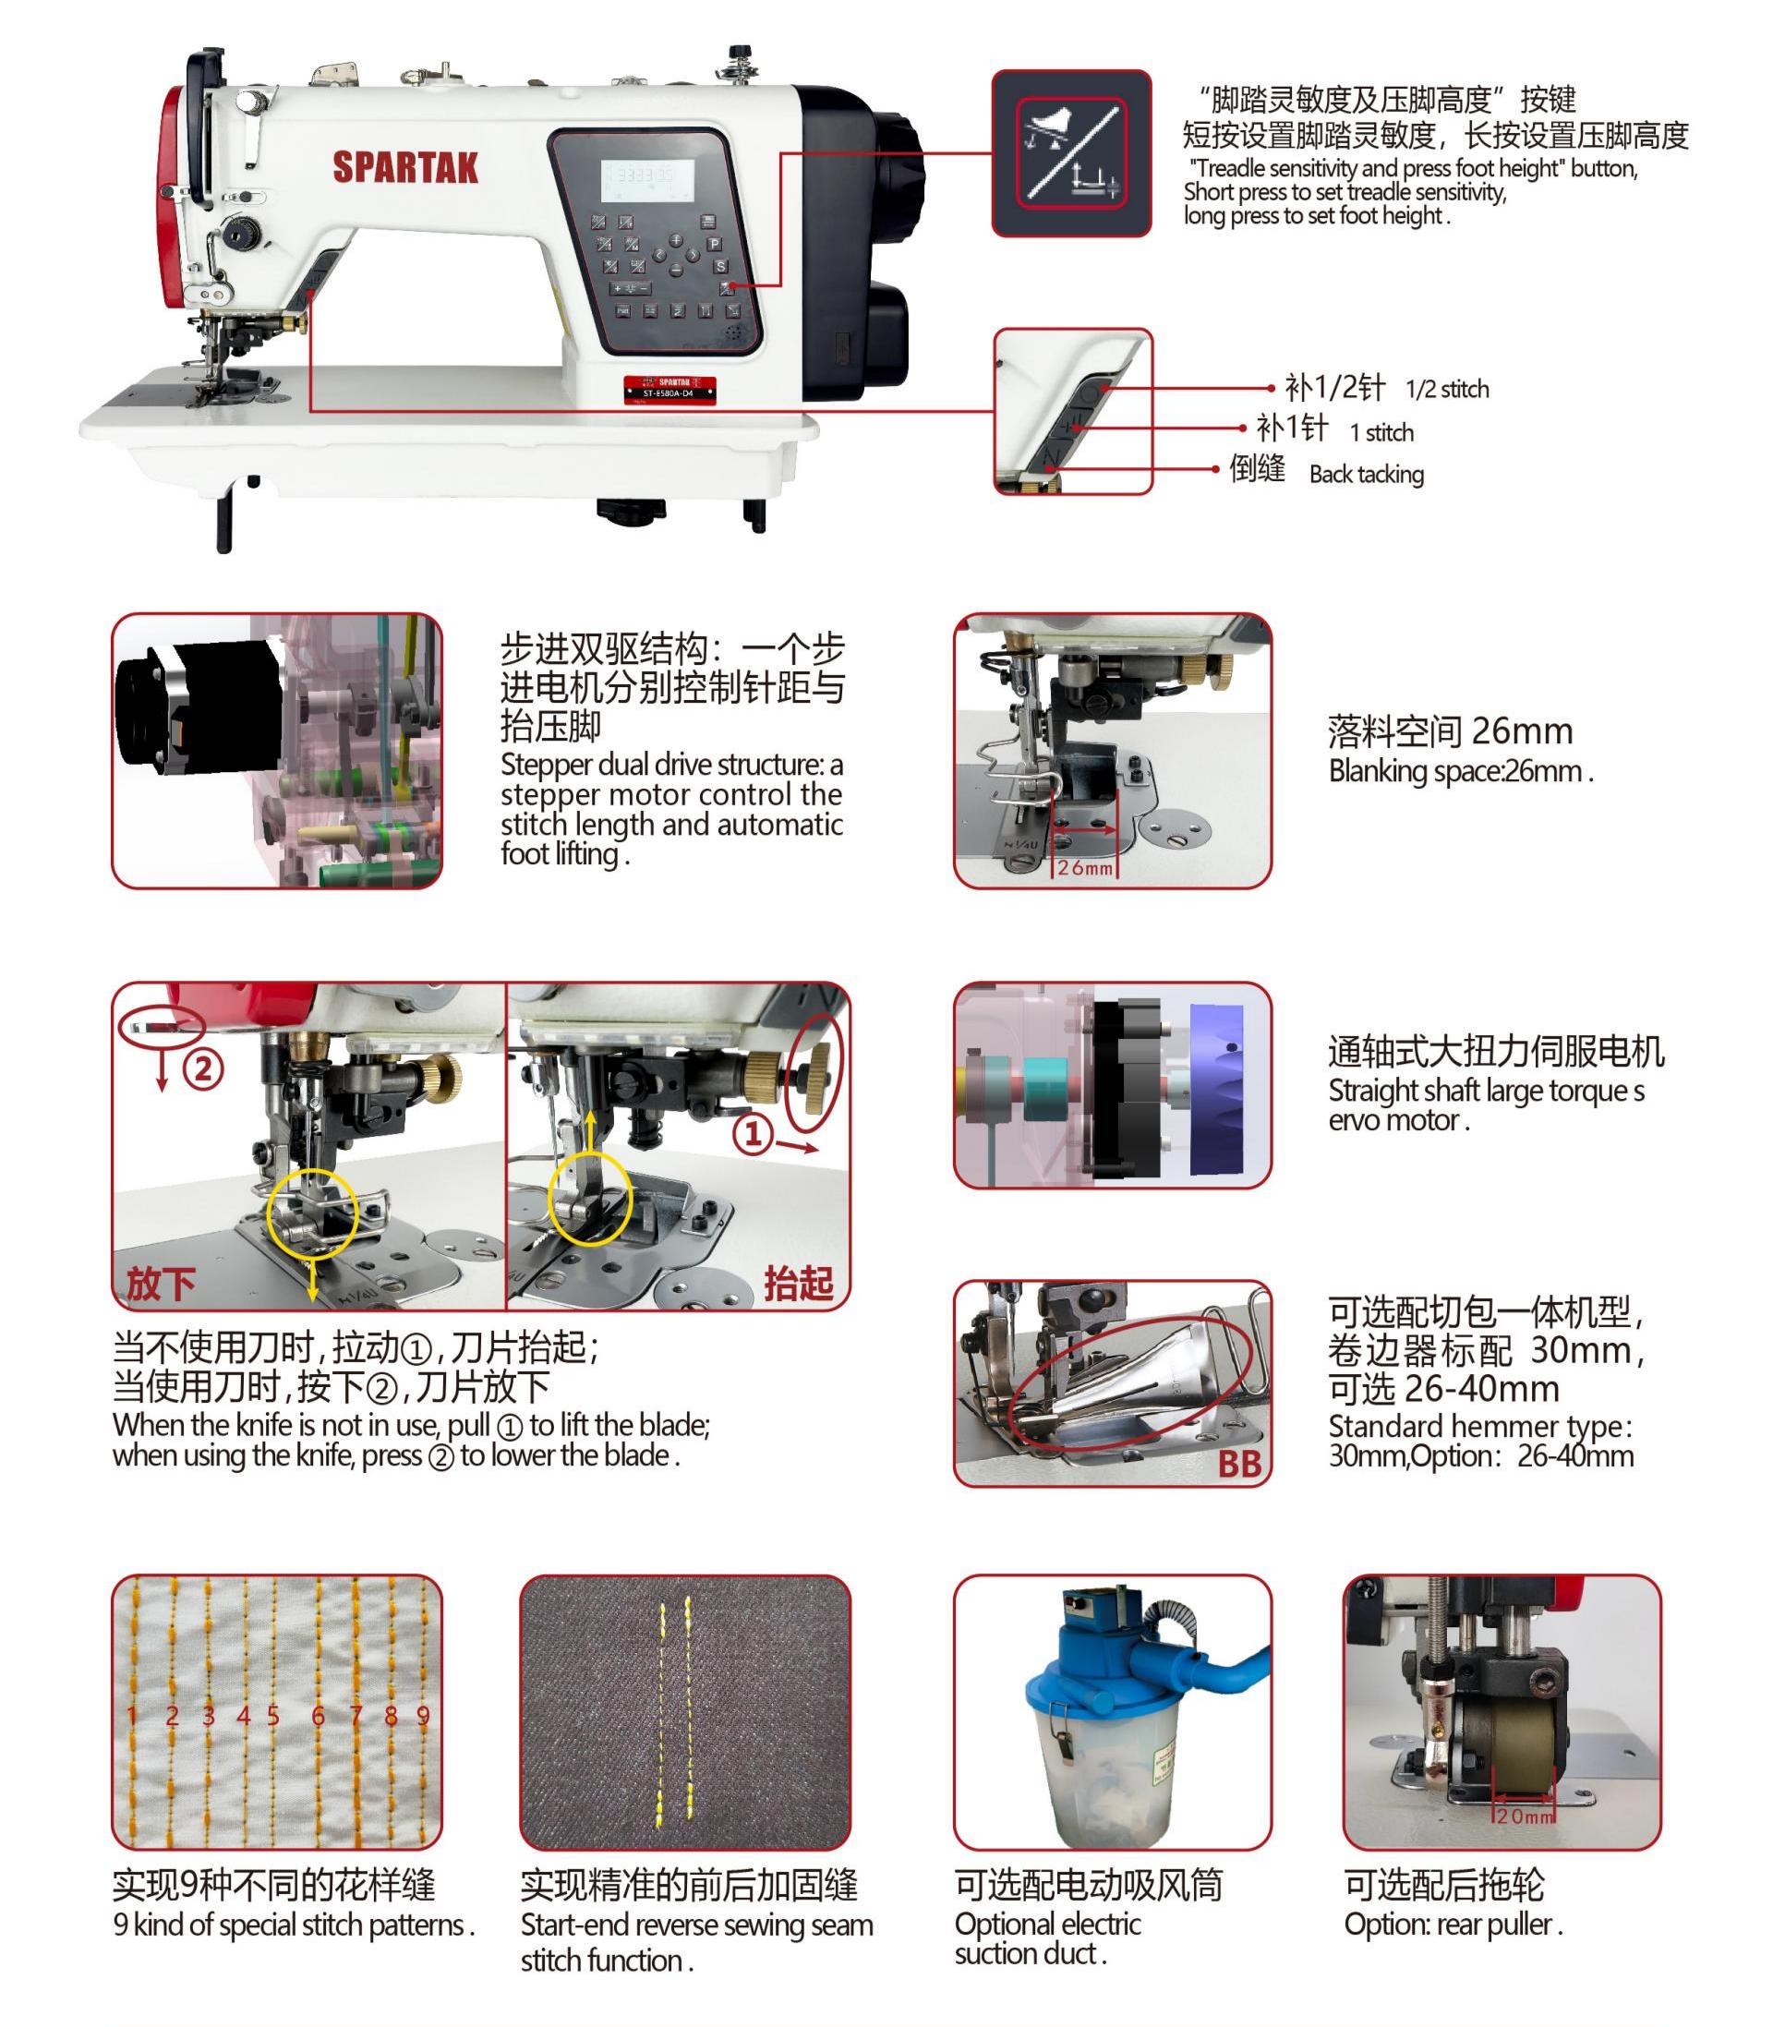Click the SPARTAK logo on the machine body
(404, 167)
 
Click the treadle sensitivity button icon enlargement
(1071, 152)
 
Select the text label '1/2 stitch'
(1446, 389)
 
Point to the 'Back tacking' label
(1367, 474)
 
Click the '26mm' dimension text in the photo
(1084, 867)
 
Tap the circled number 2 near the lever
(203, 1068)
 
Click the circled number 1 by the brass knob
(753, 1133)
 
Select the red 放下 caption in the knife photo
(161, 1283)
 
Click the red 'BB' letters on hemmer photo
(1238, 1463)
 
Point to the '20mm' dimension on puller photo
(1525, 1816)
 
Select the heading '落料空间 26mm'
(1450, 730)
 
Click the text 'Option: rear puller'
(1452, 1924)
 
